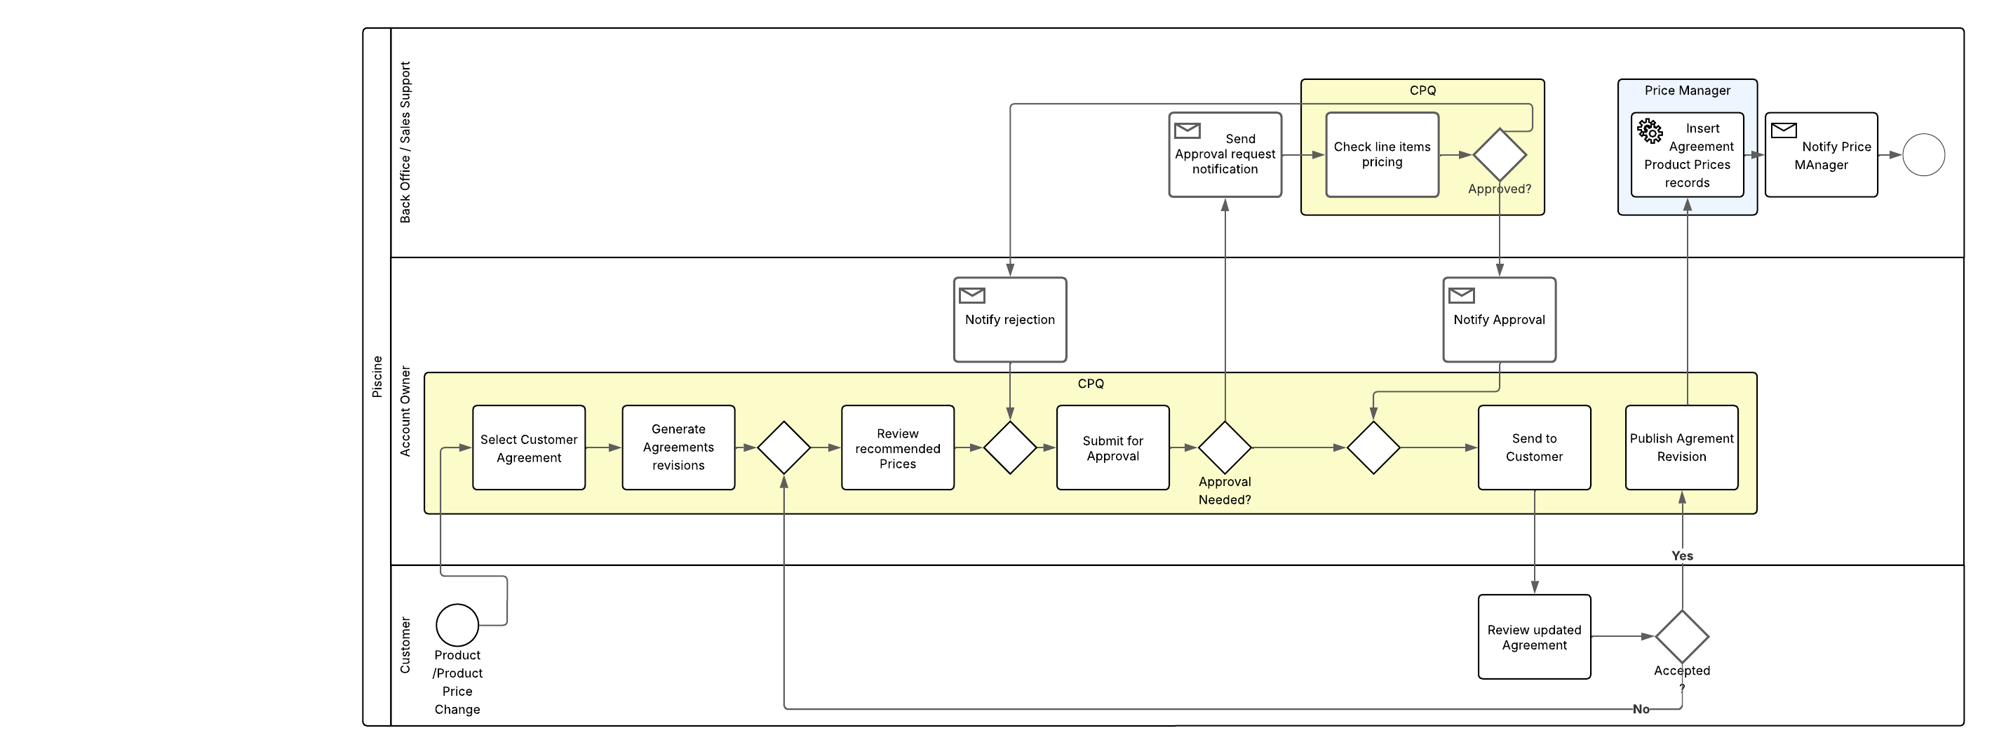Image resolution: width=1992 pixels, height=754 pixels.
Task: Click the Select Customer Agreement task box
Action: click(x=528, y=447)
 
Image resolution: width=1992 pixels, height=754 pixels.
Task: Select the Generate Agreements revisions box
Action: click(x=678, y=447)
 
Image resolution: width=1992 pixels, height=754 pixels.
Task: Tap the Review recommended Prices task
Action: click(x=897, y=447)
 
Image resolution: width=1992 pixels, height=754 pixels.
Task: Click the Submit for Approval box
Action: click(x=1112, y=447)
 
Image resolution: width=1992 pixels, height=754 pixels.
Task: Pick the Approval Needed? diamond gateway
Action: click(x=1224, y=447)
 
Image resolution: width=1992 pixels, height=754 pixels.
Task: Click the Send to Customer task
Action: click(x=1533, y=447)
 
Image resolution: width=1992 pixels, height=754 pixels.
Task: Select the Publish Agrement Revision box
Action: click(x=1681, y=447)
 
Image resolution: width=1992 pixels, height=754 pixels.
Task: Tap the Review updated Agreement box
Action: click(x=1533, y=638)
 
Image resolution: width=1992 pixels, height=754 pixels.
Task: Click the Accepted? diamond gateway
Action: click(x=1681, y=636)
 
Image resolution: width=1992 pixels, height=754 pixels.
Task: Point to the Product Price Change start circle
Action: click(x=457, y=625)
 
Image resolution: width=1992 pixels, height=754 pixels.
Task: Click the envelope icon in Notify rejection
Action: click(x=971, y=295)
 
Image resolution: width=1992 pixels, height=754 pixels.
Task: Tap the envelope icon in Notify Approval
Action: click(x=1461, y=295)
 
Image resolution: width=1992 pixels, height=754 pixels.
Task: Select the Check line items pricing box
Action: click(x=1381, y=155)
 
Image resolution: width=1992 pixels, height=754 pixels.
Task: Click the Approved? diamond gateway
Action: click(x=1499, y=155)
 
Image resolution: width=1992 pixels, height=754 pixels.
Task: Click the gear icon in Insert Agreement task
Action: click(x=1650, y=131)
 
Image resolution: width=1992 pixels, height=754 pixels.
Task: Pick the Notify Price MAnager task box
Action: click(x=1820, y=155)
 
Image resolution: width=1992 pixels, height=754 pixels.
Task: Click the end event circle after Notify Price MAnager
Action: click(x=1923, y=155)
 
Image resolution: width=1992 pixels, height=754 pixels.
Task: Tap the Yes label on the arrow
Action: click(x=1681, y=556)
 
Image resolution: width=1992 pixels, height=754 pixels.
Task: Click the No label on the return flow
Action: click(x=1640, y=709)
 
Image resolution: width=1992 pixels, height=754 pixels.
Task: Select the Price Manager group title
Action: click(x=1687, y=90)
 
